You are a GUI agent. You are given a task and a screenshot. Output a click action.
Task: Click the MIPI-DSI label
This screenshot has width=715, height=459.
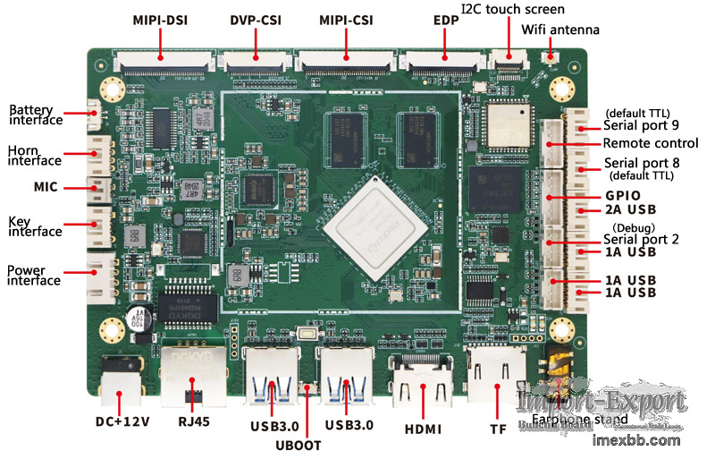click(x=160, y=19)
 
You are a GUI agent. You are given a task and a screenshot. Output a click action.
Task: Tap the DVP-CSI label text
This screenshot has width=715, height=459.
click(x=256, y=19)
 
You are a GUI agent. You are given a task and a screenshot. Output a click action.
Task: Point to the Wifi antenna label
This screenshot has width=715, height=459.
click(x=560, y=30)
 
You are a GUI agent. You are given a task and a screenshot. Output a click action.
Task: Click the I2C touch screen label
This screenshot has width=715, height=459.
click(x=512, y=9)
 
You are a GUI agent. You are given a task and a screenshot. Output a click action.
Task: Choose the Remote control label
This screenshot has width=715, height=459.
click(x=650, y=143)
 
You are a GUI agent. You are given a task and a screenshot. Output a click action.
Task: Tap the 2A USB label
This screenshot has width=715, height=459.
click(x=630, y=210)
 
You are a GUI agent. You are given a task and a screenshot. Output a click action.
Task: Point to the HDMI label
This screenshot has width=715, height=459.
click(x=423, y=429)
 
